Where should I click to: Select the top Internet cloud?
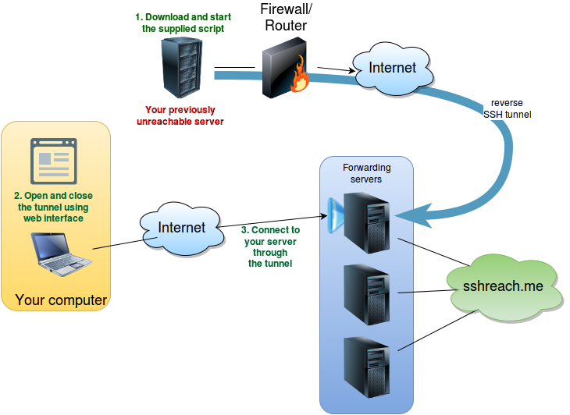pos(392,69)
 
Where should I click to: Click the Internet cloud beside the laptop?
pos(181,228)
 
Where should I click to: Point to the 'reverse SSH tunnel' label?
pos(507,108)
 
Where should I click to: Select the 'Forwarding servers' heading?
pos(366,173)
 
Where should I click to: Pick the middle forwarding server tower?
pos(367,293)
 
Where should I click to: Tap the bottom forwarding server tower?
pos(367,365)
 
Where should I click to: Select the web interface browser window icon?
pos(53,160)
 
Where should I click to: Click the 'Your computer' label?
pos(61,300)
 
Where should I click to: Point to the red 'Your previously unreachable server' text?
pos(180,115)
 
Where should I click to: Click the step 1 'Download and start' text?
pos(183,22)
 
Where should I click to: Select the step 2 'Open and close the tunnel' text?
pos(53,207)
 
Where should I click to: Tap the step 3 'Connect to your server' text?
pos(270,247)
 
